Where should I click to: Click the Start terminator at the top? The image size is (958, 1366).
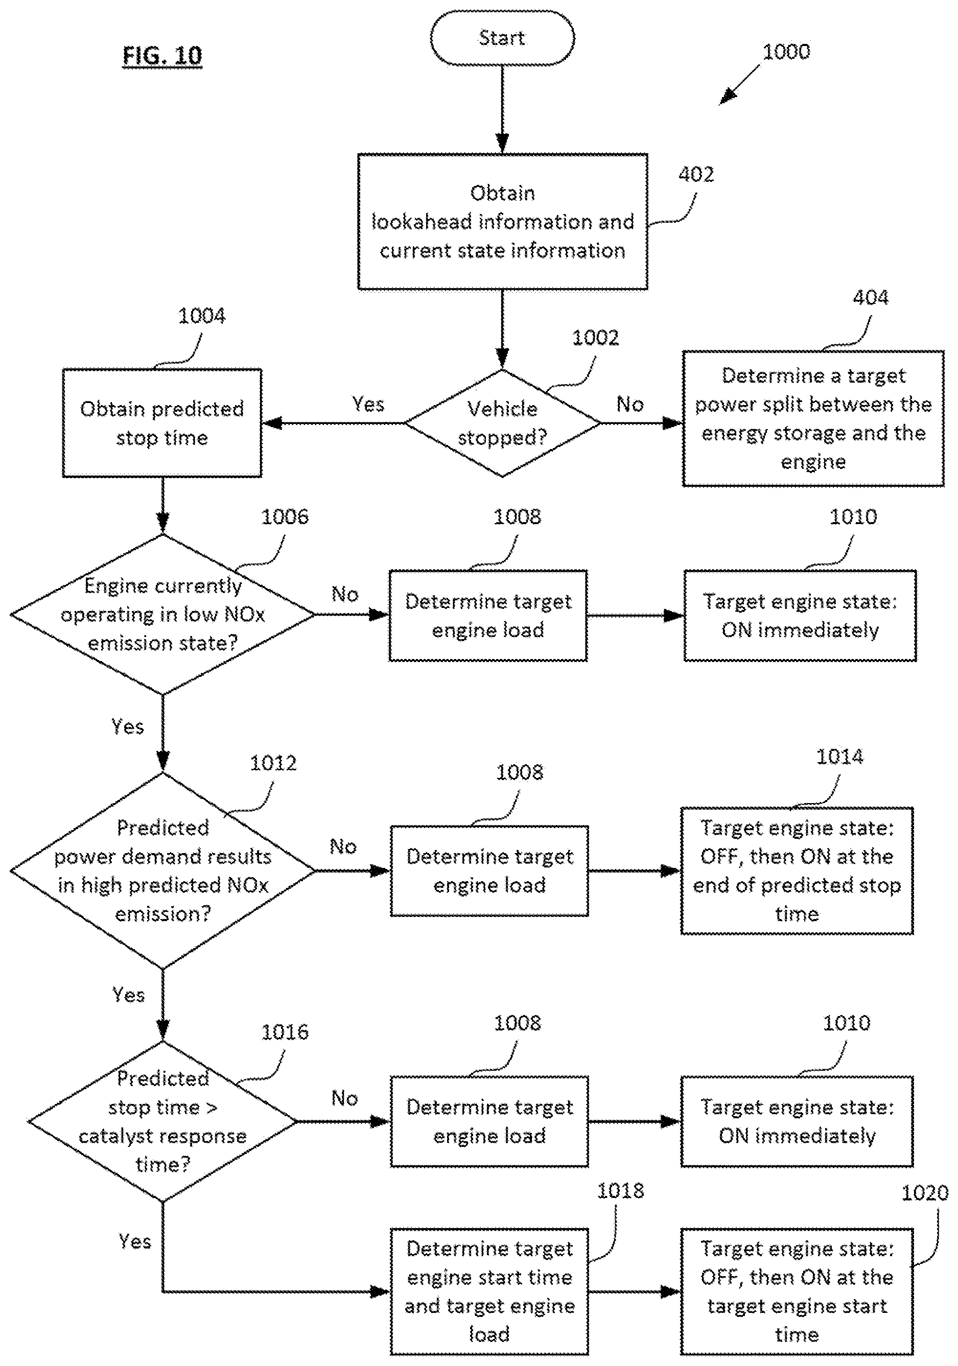click(502, 37)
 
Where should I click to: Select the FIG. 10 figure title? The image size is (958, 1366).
click(162, 56)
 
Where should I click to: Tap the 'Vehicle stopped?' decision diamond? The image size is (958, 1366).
click(502, 423)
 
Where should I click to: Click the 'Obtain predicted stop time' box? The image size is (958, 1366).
click(162, 423)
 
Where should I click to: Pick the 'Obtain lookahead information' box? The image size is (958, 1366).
click(502, 222)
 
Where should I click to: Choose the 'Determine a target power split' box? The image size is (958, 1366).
click(813, 418)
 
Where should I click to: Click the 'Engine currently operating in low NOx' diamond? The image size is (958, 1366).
click(162, 615)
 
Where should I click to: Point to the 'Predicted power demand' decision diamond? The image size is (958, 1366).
click(162, 870)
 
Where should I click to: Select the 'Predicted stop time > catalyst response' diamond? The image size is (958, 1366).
click(162, 1121)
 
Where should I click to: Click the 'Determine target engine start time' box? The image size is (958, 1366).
click(489, 1291)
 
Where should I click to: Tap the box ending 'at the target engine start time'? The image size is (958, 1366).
click(797, 1291)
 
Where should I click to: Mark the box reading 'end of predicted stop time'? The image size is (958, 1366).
click(797, 870)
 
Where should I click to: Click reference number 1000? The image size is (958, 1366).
click(786, 52)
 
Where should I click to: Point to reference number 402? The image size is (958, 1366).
click(696, 174)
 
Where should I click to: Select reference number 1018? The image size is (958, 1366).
click(620, 1190)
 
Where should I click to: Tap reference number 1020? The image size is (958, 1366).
click(925, 1193)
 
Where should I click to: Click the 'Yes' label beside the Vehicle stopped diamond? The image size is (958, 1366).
click(368, 405)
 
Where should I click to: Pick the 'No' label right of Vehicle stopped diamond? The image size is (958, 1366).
click(630, 405)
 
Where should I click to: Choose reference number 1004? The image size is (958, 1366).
click(202, 316)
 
